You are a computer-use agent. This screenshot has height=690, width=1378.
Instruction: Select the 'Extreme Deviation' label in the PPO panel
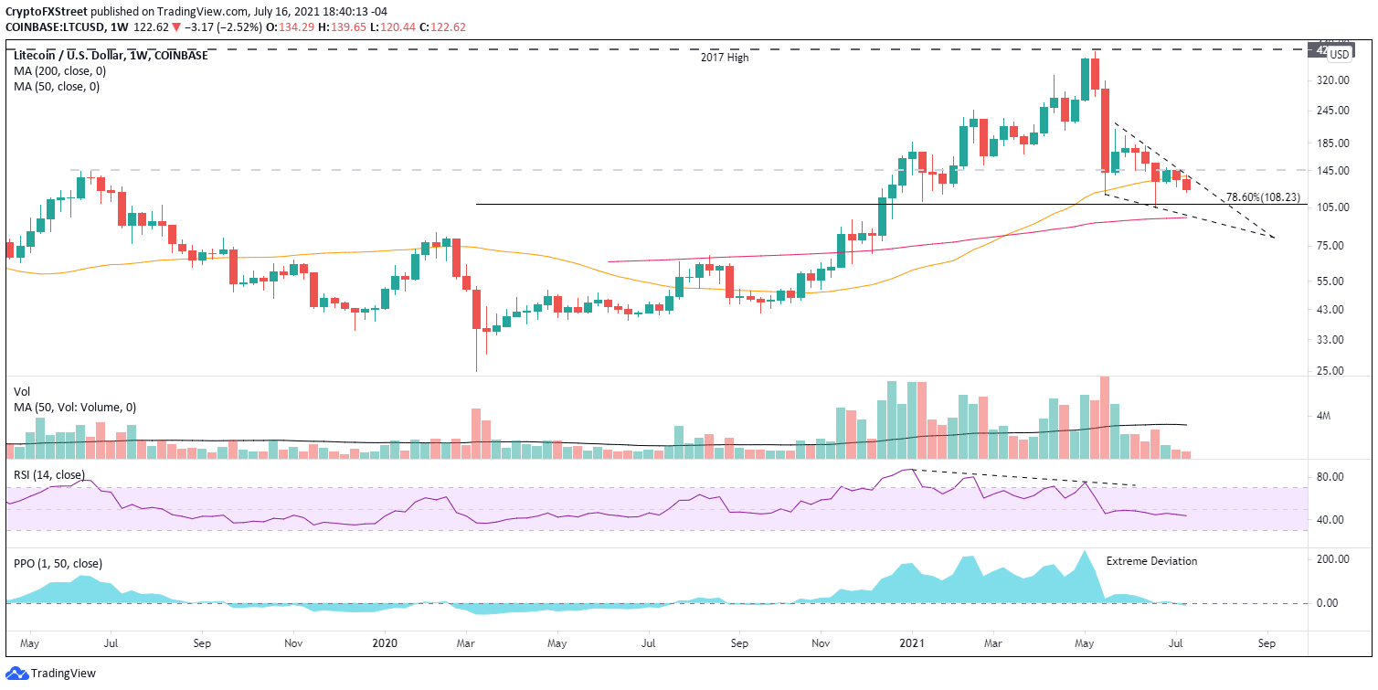tap(1151, 561)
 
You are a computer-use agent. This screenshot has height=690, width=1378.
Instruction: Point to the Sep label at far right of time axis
tap(1267, 642)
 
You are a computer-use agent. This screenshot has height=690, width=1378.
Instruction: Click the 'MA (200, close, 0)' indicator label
tap(57, 71)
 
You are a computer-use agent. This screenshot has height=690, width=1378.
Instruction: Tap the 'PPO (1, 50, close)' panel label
tap(57, 563)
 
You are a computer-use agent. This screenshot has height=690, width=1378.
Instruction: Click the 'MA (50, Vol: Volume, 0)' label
tap(75, 407)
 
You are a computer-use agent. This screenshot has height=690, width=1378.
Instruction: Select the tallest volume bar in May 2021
tap(1105, 417)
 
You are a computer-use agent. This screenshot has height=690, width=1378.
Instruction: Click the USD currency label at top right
tap(1339, 54)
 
